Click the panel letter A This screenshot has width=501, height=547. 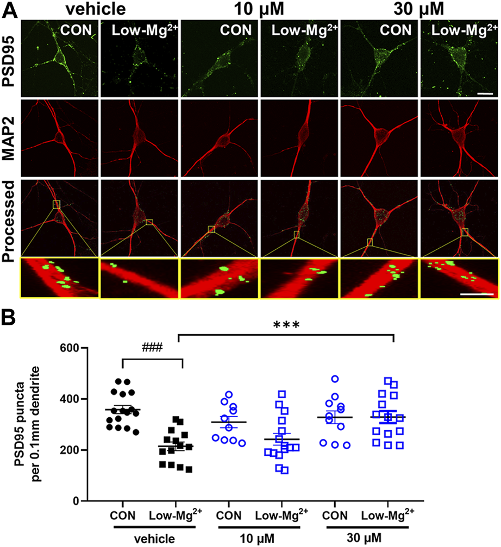click(9, 9)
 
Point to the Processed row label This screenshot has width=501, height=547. click(9, 216)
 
